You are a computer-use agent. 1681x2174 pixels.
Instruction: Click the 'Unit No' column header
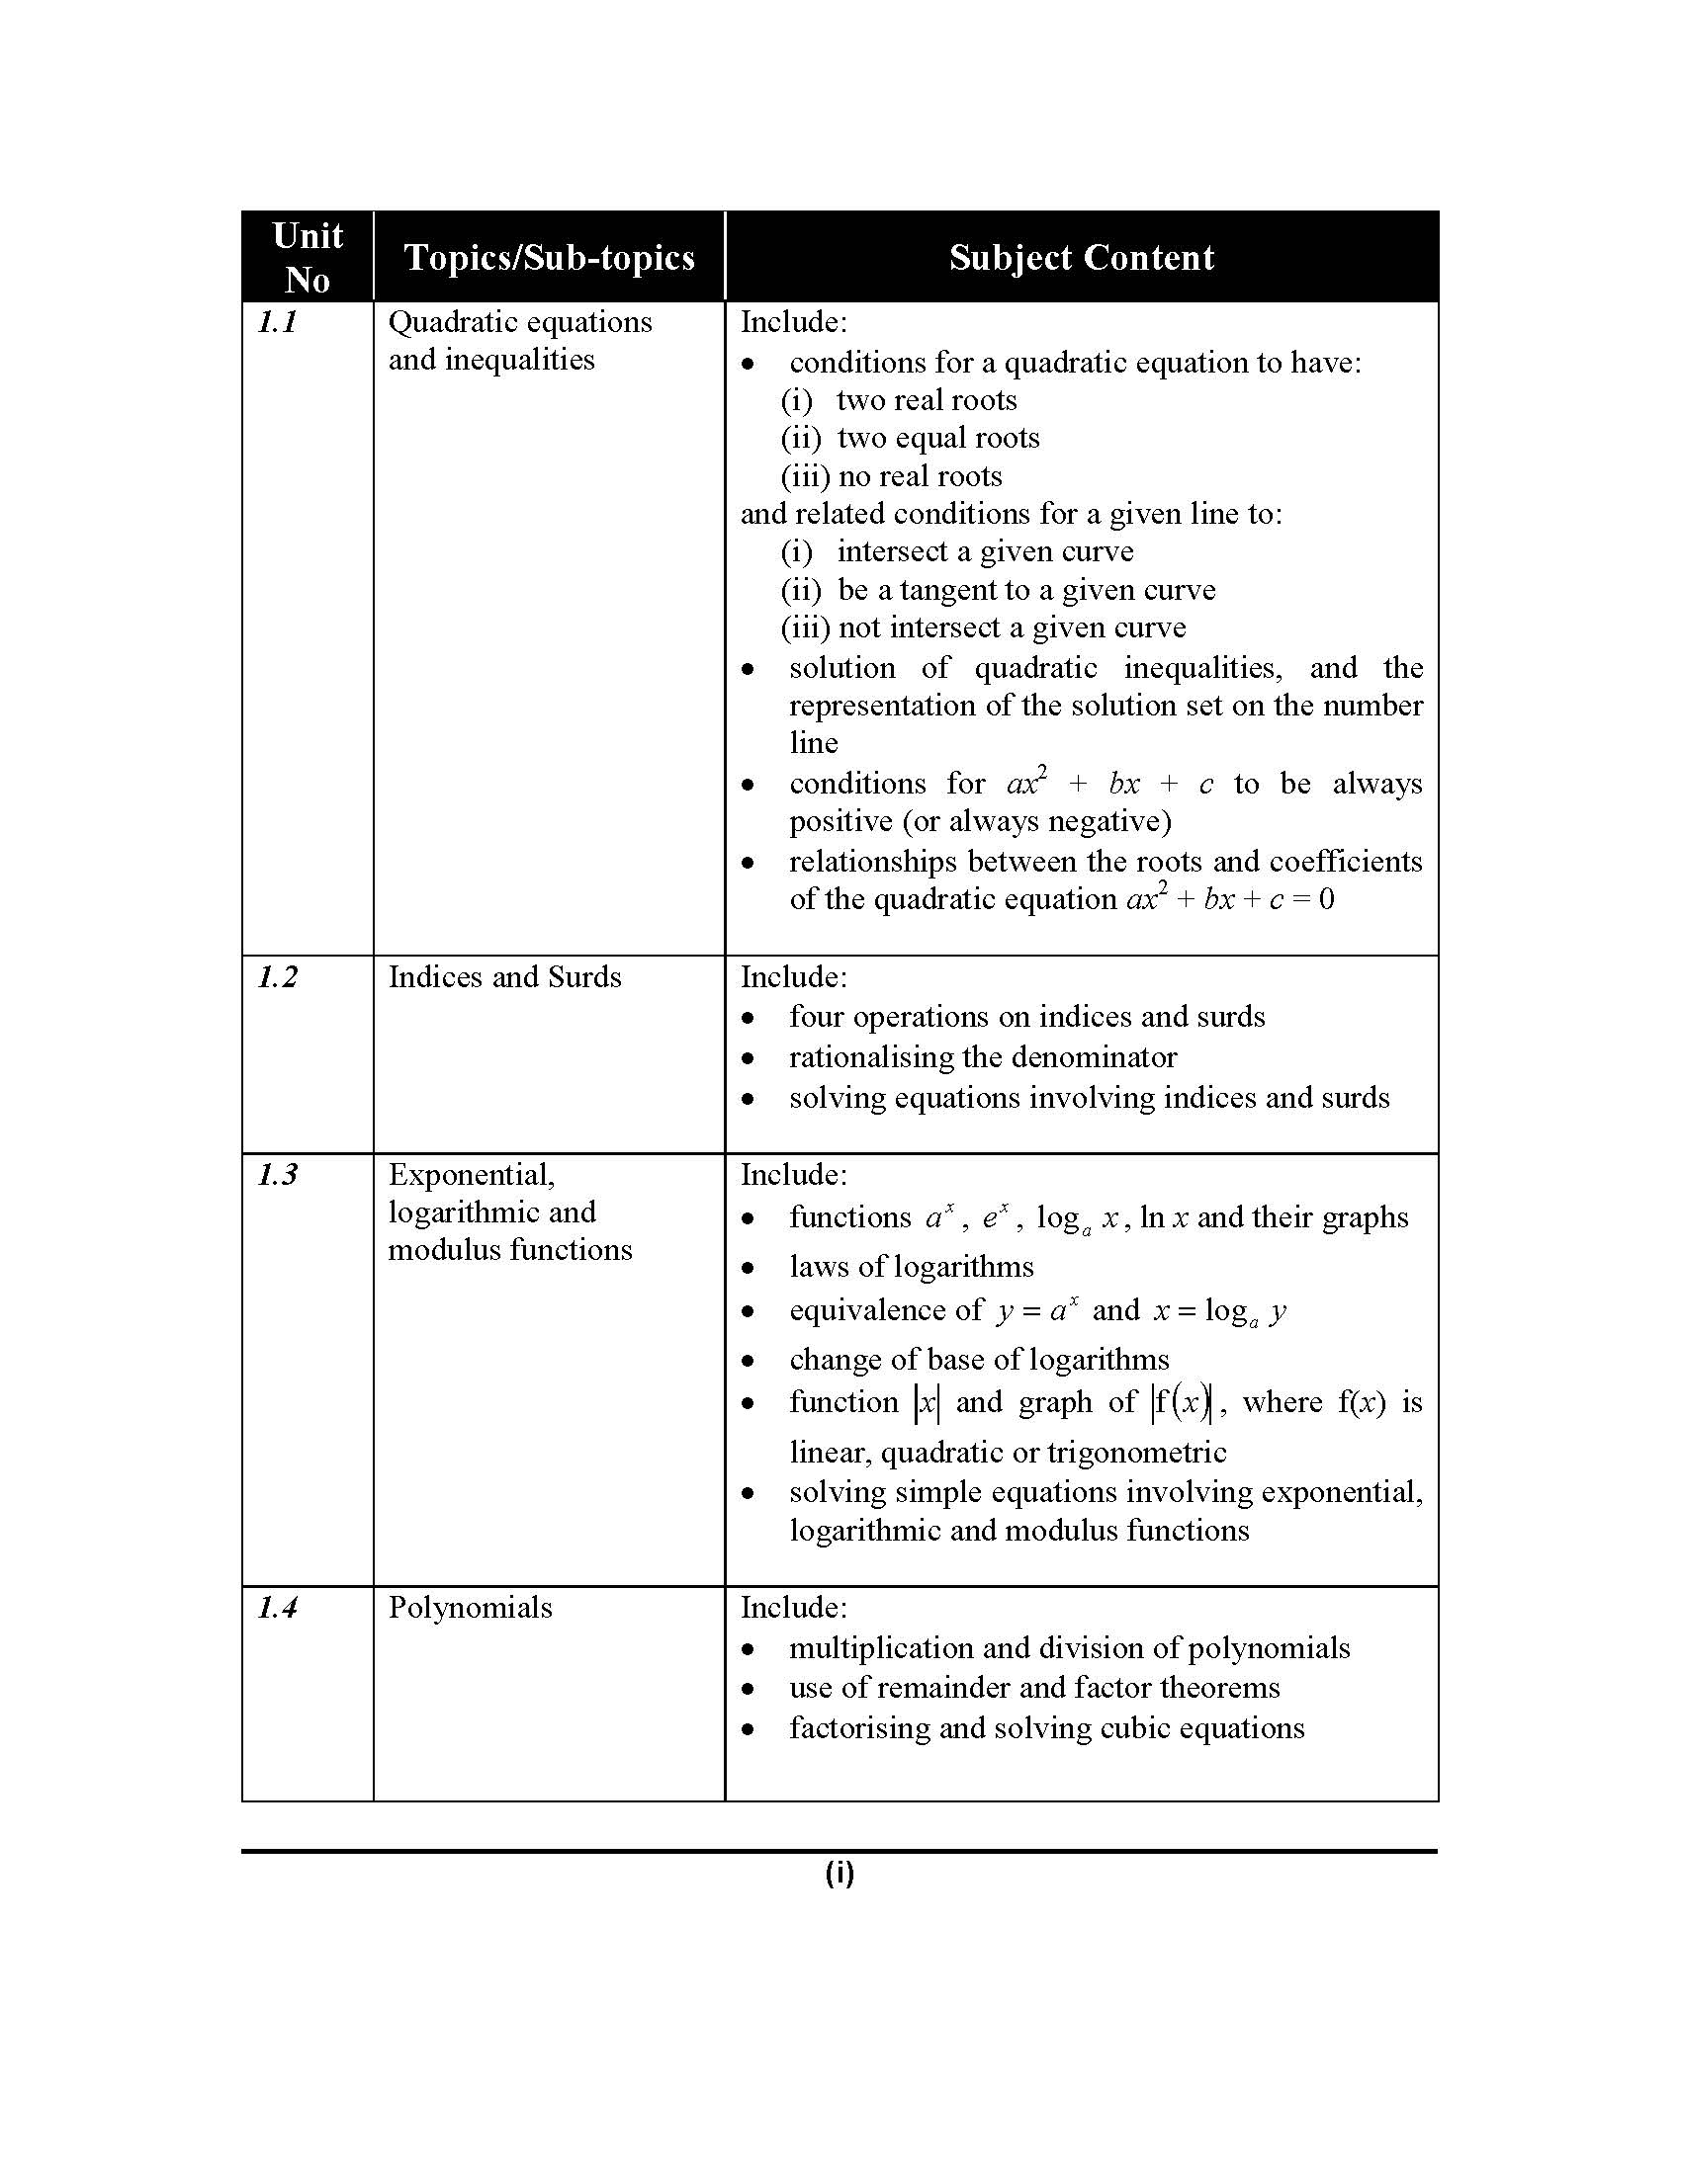308,257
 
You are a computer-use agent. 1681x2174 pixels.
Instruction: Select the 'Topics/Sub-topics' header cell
549,258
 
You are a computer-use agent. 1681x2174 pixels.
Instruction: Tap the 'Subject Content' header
1082,258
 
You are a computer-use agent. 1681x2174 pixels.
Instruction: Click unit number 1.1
278,322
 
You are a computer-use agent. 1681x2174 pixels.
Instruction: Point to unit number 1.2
278,977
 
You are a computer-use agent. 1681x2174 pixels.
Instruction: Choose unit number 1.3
278,1176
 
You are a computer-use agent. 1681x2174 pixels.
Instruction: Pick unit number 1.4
278,1608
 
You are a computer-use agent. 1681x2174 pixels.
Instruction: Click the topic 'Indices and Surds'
505,977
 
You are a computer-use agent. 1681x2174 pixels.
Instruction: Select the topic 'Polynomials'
470,1608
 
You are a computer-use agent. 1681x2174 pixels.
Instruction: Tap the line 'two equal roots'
938,438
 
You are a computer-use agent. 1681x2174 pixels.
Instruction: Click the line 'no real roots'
921,477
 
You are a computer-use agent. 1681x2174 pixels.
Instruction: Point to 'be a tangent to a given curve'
1026,590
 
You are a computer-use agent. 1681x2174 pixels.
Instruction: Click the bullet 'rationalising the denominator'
983,1057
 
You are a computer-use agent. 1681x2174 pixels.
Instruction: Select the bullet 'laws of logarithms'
912,1267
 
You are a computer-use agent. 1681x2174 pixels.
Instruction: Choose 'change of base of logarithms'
979,1360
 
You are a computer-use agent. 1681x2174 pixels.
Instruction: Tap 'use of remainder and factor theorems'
1034,1687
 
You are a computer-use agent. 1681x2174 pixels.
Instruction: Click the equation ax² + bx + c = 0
1230,899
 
